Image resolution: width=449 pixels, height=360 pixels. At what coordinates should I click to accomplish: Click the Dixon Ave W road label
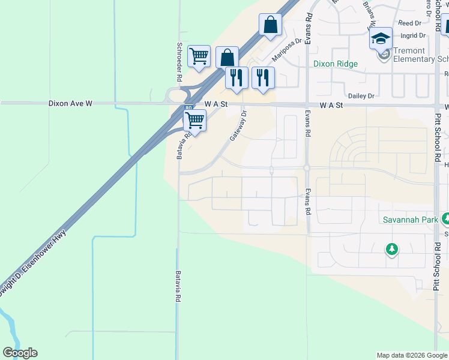click(70, 104)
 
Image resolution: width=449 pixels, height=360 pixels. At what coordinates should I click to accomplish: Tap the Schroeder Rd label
click(179, 62)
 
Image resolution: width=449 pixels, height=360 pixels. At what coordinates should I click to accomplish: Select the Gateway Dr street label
click(238, 125)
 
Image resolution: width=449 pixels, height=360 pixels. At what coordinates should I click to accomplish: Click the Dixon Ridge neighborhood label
click(335, 64)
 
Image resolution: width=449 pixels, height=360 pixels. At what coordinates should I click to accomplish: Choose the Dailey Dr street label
click(361, 96)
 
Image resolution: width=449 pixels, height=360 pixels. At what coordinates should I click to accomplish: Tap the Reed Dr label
click(410, 23)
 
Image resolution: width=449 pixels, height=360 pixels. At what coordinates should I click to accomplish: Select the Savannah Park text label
click(411, 220)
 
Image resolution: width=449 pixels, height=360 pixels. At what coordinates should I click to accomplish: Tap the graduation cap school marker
click(381, 40)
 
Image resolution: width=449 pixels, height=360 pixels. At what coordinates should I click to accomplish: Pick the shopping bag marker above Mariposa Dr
click(271, 25)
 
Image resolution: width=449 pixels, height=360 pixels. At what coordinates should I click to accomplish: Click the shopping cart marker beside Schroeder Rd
click(199, 56)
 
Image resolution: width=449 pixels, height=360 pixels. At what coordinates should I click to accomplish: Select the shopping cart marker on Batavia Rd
click(194, 120)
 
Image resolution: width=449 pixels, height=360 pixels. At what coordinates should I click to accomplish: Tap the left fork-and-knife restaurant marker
click(237, 78)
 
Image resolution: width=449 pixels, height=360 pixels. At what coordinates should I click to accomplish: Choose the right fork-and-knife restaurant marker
click(263, 78)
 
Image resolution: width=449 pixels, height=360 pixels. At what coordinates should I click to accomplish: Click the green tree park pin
click(392, 248)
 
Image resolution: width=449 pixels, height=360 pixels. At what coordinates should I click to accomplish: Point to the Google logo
click(20, 353)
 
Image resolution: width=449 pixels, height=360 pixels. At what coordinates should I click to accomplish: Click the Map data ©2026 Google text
click(411, 355)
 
